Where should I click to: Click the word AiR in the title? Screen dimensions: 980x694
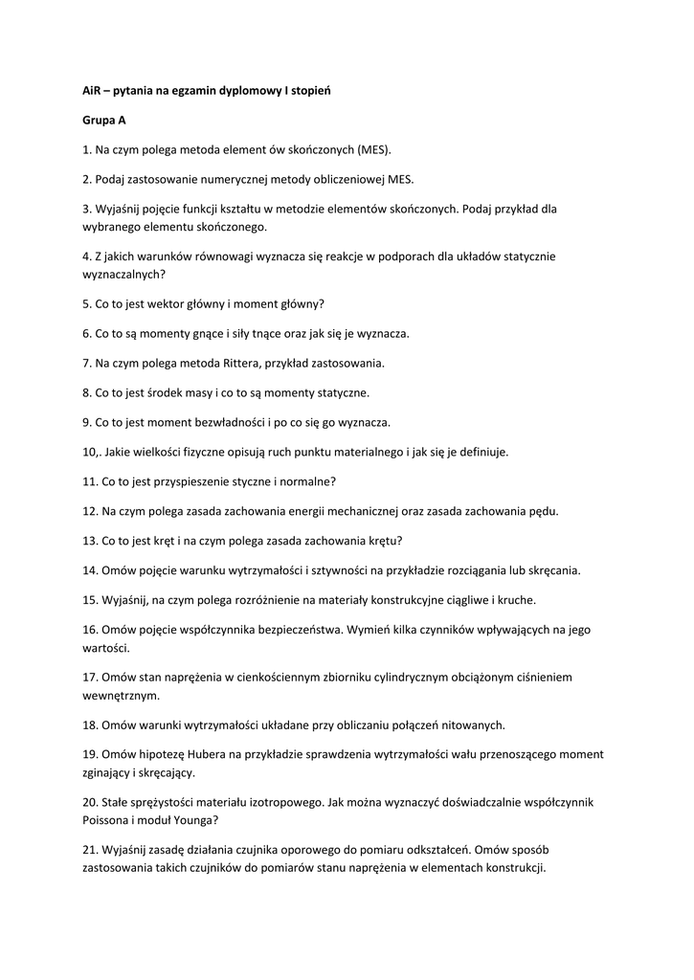pyautogui.click(x=92, y=90)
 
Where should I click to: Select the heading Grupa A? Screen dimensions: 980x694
pyautogui.click(x=103, y=121)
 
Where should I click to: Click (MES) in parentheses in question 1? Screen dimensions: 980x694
pyautogui.click(x=375, y=150)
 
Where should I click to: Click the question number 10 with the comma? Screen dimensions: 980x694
pyautogui.click(x=91, y=452)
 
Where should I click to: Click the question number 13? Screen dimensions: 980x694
pyautogui.click(x=89, y=541)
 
